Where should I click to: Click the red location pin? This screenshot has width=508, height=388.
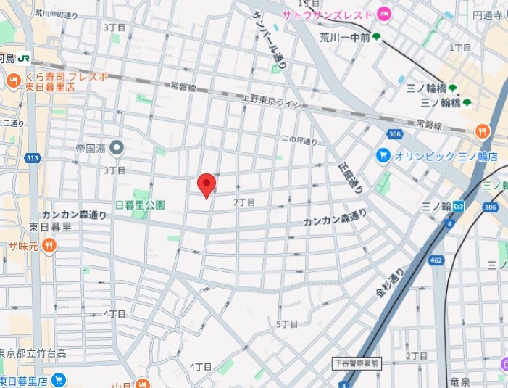[x=207, y=186]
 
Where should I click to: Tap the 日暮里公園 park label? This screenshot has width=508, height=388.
[x=141, y=205]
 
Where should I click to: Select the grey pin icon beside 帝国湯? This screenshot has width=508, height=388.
[x=117, y=148]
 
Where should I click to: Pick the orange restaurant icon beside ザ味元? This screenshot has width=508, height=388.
[x=49, y=246]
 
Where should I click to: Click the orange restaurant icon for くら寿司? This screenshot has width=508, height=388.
[x=12, y=81]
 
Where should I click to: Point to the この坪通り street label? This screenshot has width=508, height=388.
[x=300, y=139]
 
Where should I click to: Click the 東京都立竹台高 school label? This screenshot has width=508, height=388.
[x=33, y=353]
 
